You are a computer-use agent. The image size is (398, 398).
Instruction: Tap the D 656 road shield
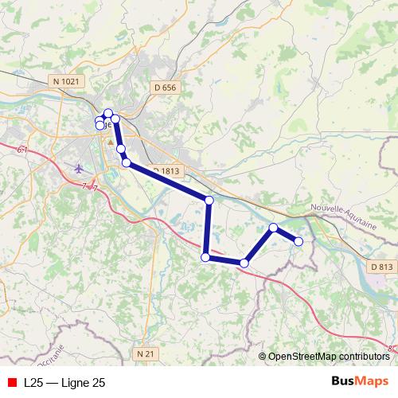(163, 88)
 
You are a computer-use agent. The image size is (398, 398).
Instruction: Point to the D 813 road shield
(382, 267)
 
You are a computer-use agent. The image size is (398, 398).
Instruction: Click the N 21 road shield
(145, 353)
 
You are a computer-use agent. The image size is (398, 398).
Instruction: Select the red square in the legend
(11, 383)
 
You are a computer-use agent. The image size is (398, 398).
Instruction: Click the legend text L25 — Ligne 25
(64, 383)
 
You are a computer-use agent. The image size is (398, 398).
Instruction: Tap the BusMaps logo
(359, 382)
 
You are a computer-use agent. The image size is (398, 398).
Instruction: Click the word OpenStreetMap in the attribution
(305, 357)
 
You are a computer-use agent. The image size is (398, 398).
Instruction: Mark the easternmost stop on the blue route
(298, 241)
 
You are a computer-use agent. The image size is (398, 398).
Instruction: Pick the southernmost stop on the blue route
(244, 263)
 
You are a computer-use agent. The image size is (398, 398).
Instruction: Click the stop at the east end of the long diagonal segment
(209, 201)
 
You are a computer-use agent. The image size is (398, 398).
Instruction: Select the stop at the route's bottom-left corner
(205, 257)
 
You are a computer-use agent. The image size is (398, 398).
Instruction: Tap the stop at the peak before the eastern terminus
(273, 228)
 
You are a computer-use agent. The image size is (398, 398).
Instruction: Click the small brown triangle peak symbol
(111, 142)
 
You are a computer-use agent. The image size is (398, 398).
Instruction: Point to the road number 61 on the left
(22, 150)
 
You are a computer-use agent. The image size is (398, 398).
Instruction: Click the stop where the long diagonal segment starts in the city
(126, 162)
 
